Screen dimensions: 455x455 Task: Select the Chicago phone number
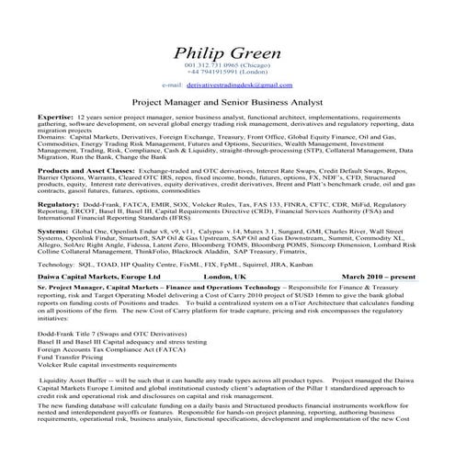(228, 65)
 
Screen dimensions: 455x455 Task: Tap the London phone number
(228, 73)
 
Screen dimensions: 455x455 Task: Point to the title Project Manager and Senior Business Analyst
(228, 104)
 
